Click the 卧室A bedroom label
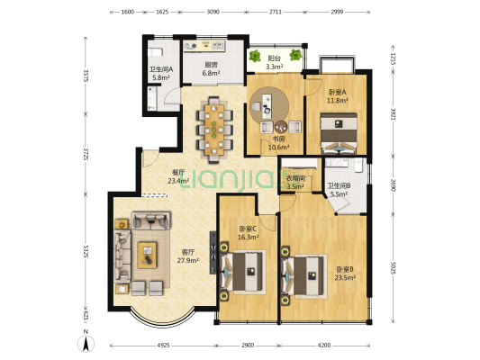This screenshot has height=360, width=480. pyautogui.click(x=337, y=92)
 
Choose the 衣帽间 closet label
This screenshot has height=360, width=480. pyautogui.click(x=295, y=178)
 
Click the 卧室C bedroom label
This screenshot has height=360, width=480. pyautogui.click(x=248, y=228)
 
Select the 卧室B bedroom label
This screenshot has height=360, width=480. pyautogui.click(x=346, y=269)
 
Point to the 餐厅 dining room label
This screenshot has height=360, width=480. pyautogui.click(x=178, y=172)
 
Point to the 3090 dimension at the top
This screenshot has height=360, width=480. pyautogui.click(x=213, y=13)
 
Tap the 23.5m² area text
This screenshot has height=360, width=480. pyautogui.click(x=346, y=278)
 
